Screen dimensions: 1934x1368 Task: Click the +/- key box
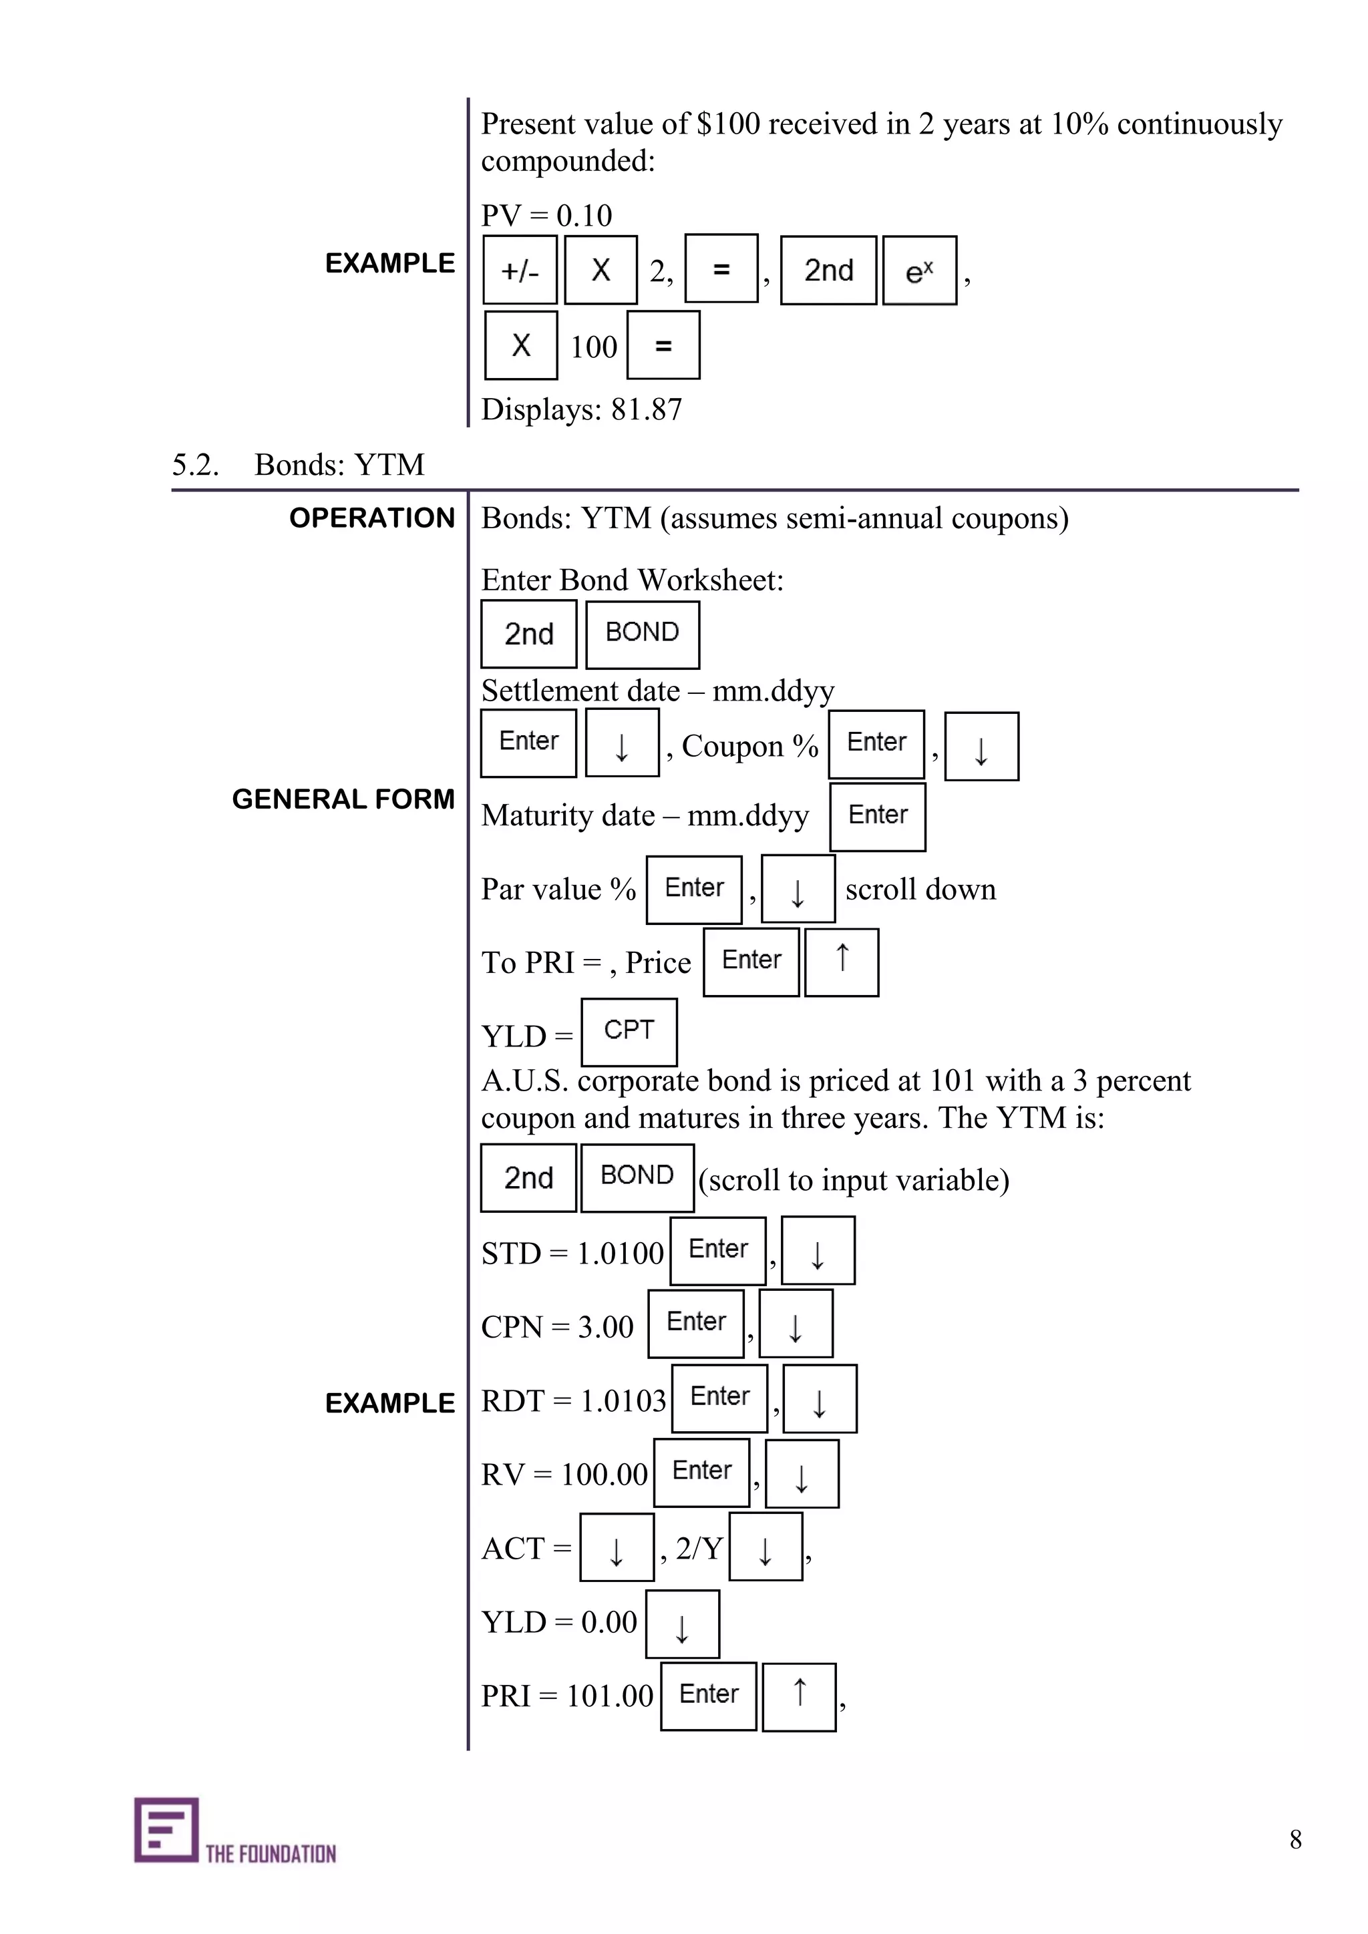point(519,270)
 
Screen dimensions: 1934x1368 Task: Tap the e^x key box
point(919,270)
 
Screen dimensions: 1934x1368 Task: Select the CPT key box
point(629,1031)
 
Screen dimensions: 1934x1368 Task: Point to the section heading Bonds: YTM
point(339,464)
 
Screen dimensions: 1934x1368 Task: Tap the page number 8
point(1295,1839)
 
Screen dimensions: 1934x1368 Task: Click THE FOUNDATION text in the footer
point(271,1853)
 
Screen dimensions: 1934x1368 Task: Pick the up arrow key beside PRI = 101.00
point(799,1696)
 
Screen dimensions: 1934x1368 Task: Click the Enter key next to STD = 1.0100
point(717,1250)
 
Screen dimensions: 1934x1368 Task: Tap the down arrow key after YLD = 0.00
point(682,1623)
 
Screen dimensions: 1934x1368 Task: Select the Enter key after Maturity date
point(877,816)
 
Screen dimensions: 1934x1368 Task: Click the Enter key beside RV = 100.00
point(701,1473)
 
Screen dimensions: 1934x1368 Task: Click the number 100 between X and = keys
point(593,346)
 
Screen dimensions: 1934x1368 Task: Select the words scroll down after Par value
point(920,889)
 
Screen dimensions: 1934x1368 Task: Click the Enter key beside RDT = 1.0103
point(719,1398)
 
